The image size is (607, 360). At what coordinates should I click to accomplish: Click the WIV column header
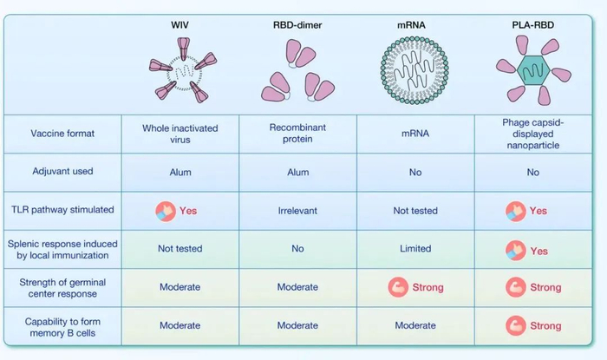click(180, 25)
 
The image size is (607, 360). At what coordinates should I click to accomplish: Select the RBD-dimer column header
click(297, 25)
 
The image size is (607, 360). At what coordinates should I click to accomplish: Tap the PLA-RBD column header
click(533, 25)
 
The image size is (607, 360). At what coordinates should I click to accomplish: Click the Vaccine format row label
click(62, 134)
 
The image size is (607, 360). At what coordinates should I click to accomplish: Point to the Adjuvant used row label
click(62, 172)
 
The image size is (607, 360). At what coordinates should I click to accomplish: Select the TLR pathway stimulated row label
click(62, 210)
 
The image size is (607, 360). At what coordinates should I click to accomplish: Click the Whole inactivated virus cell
click(180, 134)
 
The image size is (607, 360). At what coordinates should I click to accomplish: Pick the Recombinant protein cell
click(297, 134)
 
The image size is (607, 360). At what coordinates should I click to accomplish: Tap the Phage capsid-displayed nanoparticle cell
click(533, 134)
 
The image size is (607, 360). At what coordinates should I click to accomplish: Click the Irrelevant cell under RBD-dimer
click(297, 211)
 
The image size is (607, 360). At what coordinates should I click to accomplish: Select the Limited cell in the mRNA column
click(415, 248)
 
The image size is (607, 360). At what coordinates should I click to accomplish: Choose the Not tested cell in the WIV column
click(180, 248)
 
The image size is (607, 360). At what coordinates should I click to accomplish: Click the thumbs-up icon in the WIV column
click(166, 212)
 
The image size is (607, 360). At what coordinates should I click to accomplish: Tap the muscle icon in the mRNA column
click(398, 287)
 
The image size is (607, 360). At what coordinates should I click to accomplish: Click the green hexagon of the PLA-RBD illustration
click(533, 70)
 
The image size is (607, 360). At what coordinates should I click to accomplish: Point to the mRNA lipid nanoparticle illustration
click(414, 70)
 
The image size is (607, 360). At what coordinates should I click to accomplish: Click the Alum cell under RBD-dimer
click(298, 173)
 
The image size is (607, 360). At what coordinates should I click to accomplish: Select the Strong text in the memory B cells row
click(545, 326)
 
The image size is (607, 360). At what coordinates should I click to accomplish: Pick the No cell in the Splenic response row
click(297, 248)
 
